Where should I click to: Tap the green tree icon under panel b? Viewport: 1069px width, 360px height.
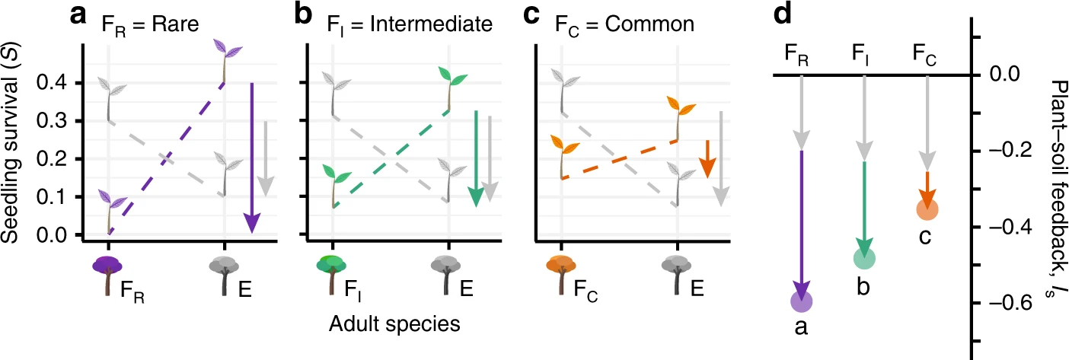tap(331, 274)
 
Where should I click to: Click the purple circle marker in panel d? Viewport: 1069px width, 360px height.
tap(802, 301)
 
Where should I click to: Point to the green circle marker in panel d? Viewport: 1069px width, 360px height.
tap(864, 259)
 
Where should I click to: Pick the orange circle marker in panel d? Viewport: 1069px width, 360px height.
tap(927, 209)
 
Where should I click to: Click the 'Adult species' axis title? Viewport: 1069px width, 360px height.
tap(394, 324)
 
